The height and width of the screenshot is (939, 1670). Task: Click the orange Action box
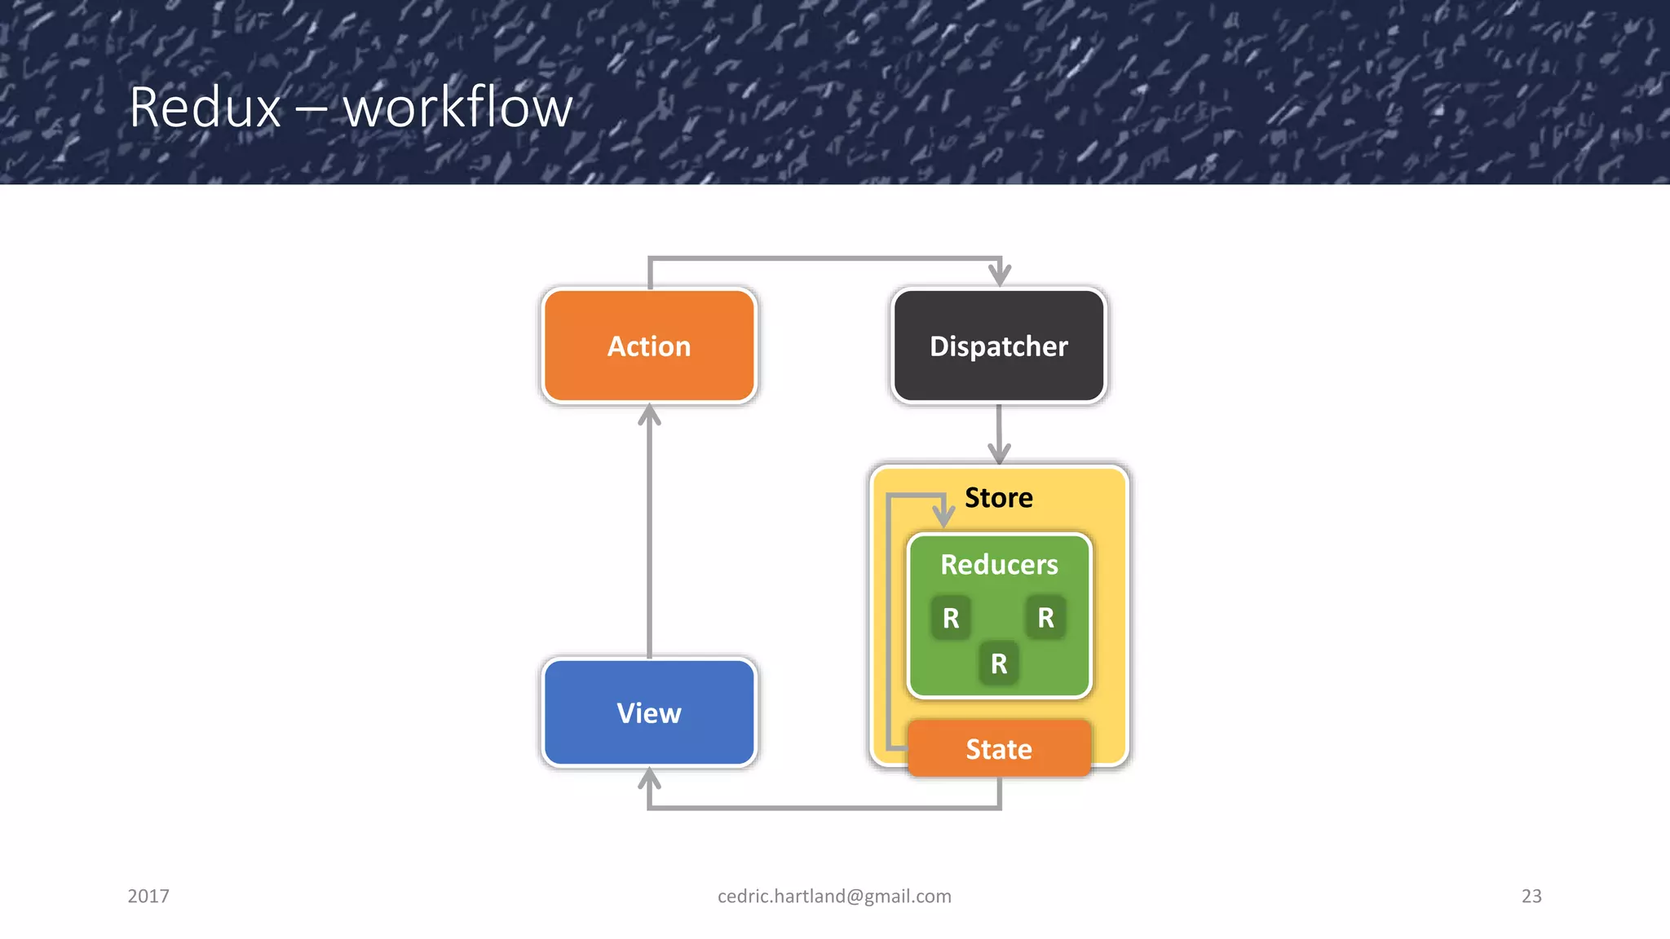(x=649, y=346)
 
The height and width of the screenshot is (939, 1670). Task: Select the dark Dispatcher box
(x=998, y=346)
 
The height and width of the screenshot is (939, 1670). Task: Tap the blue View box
(x=649, y=712)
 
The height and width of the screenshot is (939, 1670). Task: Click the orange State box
(x=998, y=748)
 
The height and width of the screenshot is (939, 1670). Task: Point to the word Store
(x=998, y=497)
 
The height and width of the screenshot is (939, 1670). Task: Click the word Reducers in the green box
(x=998, y=564)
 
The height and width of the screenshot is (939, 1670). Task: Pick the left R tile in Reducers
(x=951, y=618)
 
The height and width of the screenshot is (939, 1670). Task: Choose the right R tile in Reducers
(x=1045, y=618)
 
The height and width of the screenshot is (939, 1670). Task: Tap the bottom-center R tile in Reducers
(x=998, y=663)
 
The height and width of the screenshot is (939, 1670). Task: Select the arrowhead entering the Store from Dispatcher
(x=999, y=453)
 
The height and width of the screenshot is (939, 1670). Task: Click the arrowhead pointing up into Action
(x=649, y=416)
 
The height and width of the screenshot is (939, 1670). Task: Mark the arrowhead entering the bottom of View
(x=649, y=779)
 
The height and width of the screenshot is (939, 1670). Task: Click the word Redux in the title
(x=205, y=107)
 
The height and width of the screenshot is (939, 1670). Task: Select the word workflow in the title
(x=457, y=107)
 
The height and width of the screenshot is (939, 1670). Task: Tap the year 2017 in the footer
(x=148, y=896)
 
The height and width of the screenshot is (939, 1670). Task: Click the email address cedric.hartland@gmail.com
(x=834, y=896)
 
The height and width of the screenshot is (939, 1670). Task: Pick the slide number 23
(x=1531, y=896)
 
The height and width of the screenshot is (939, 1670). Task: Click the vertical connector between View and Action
(x=649, y=538)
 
